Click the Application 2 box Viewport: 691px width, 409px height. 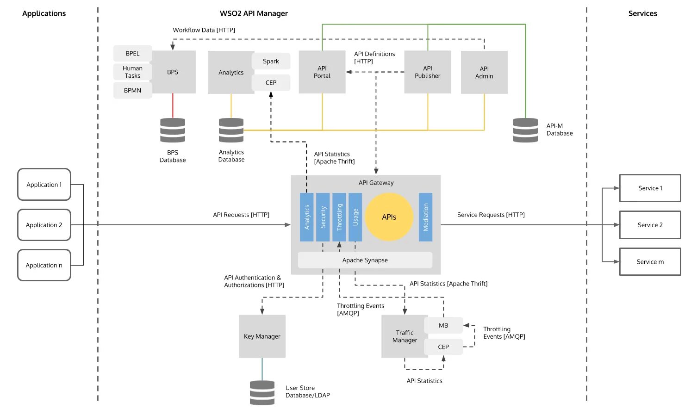coord(44,225)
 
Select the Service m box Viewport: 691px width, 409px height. coord(650,262)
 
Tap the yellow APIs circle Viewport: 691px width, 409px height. coord(389,217)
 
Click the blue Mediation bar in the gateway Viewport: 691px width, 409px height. coord(425,217)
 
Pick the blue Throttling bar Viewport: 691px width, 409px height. coord(339,217)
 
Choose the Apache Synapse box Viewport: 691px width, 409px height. coord(365,260)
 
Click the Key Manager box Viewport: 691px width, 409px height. coord(262,336)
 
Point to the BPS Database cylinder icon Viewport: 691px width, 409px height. coord(173,130)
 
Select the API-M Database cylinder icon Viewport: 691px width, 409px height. coord(525,130)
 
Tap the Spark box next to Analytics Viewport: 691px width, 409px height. coord(271,61)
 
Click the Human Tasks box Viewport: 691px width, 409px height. coord(132,72)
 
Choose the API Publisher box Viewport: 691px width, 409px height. coord(427,72)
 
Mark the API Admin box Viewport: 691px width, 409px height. coord(484,73)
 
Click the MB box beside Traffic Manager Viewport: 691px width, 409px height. coord(443,325)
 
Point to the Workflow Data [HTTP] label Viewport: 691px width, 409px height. coord(204,30)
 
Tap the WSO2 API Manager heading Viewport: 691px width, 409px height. coord(254,13)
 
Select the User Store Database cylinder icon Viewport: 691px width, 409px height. coord(262,392)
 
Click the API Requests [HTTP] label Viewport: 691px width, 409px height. coord(241,215)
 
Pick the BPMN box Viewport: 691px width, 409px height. coord(132,90)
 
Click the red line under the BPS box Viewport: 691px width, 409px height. coord(173,105)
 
